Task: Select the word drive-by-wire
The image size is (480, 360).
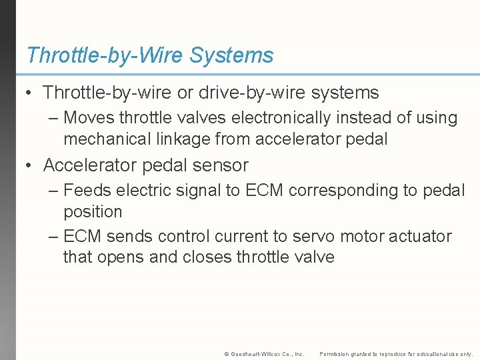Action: [249, 93]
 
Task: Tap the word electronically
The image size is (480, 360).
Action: [281, 118]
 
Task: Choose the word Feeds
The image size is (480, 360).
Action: [87, 191]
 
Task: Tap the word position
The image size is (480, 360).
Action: [93, 212]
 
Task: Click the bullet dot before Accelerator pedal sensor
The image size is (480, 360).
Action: [29, 165]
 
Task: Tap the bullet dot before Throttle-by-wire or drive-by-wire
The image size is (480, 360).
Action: [29, 93]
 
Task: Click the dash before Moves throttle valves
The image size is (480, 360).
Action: [53, 119]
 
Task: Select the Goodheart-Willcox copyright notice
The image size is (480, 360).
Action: [264, 354]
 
